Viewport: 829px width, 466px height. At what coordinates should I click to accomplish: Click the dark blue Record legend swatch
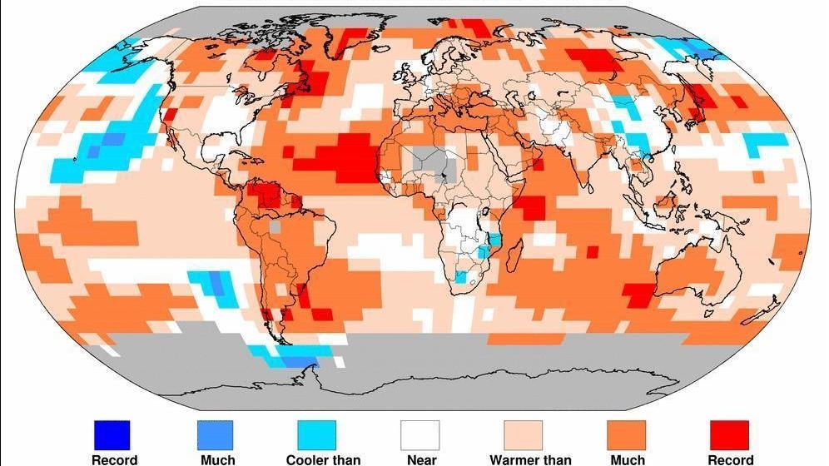pos(111,434)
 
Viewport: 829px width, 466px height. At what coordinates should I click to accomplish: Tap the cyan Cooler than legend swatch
pos(317,434)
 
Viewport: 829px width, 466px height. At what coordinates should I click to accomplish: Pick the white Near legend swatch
pos(420,434)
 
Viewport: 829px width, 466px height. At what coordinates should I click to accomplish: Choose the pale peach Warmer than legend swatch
pos(524,434)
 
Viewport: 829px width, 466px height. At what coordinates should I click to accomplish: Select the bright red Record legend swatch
pos(729,434)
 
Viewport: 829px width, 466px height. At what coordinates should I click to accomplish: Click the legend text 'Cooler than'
pos(323,459)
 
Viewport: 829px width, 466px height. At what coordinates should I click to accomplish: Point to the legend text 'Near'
pos(422,459)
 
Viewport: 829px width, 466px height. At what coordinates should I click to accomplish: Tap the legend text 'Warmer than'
pos(530,459)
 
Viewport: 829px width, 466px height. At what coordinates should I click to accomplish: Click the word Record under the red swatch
pos(730,459)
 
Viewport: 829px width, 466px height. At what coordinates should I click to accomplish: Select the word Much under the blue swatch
pos(217,459)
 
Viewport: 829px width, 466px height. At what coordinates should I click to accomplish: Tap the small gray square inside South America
pos(276,226)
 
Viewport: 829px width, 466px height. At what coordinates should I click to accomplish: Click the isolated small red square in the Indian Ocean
pos(592,251)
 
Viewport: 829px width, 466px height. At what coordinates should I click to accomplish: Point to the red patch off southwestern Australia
pos(638,294)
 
